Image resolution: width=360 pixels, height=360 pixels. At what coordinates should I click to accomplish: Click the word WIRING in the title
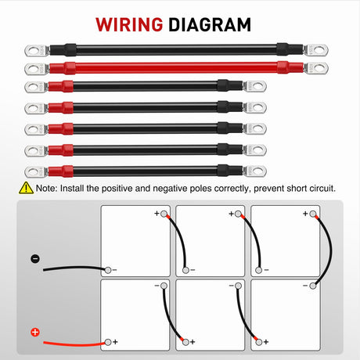coord(129,25)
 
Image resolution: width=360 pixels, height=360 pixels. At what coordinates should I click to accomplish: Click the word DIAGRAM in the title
coord(210,25)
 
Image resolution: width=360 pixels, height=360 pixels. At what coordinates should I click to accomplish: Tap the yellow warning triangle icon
coord(26,188)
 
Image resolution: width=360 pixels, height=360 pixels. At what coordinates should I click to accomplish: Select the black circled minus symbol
coord(35,259)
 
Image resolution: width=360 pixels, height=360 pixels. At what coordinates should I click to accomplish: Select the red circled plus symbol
coord(35,333)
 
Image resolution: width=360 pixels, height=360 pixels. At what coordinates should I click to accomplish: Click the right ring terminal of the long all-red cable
coord(316,68)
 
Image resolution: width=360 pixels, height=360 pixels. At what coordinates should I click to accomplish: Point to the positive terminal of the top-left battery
coord(164,214)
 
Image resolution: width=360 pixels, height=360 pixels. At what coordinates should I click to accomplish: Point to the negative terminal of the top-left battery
coord(108,270)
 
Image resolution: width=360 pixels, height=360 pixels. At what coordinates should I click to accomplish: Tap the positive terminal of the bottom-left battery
coord(108,342)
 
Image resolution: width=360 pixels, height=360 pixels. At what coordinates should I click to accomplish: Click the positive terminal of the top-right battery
coord(313,214)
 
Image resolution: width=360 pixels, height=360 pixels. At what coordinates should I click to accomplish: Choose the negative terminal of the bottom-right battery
coord(313,286)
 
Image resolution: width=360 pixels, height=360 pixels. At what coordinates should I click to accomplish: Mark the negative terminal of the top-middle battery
coord(185,270)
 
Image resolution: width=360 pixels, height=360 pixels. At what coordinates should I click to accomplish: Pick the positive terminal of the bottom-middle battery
coord(185,342)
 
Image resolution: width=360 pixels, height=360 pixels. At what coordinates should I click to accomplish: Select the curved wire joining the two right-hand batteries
coord(331,250)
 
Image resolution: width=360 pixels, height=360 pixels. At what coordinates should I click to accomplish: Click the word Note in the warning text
coord(45,188)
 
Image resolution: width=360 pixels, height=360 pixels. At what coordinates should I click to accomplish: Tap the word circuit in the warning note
coord(322,188)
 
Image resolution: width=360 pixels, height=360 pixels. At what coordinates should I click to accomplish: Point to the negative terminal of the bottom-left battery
coord(164,286)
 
